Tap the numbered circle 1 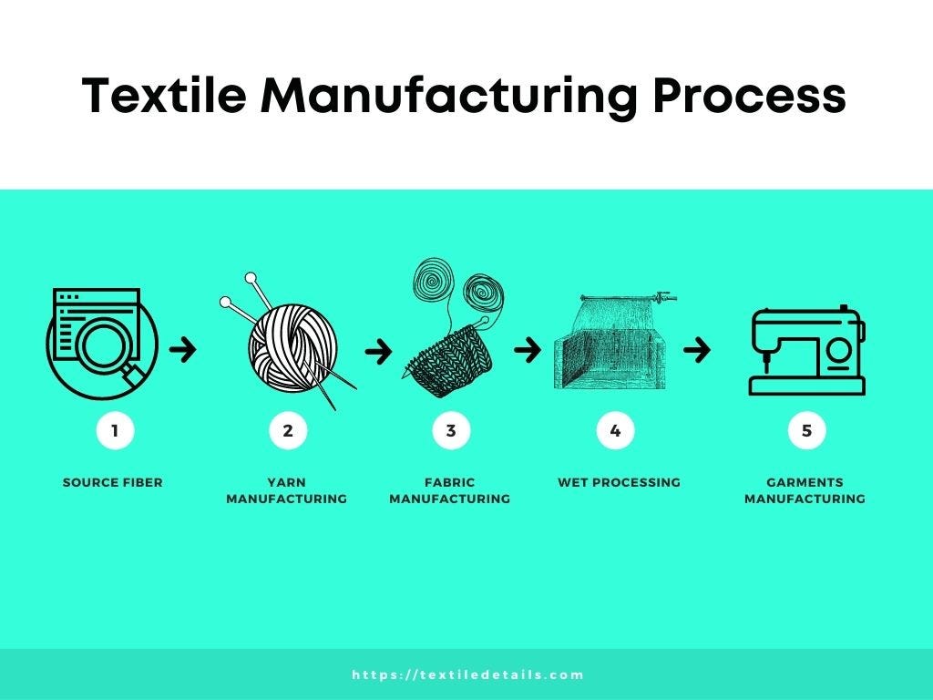point(115,430)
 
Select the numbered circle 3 point(451,430)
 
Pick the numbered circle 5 point(806,430)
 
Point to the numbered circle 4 point(615,430)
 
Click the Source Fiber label point(113,482)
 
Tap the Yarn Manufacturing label point(286,490)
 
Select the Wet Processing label point(619,482)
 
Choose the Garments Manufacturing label point(805,490)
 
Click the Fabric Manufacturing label point(449,490)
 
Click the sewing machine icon point(806,350)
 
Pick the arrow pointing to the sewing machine point(697,349)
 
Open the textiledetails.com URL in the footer point(467,675)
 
